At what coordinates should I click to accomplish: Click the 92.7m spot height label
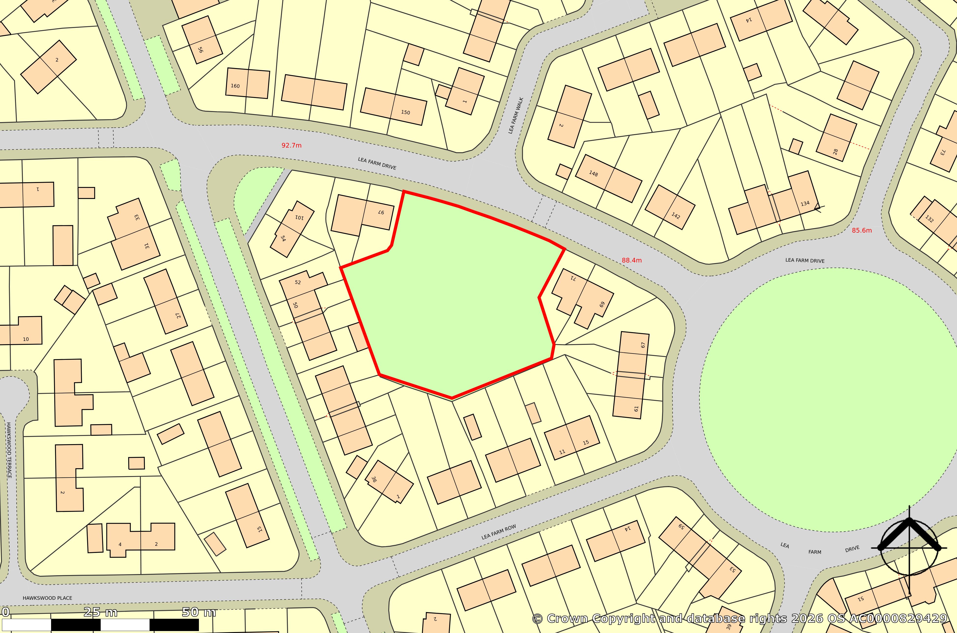click(291, 145)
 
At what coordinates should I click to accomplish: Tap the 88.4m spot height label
click(631, 260)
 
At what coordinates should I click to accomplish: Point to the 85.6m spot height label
click(862, 230)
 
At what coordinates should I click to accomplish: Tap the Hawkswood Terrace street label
click(9, 450)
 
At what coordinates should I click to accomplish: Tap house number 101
click(299, 217)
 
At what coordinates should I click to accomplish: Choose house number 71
click(573, 278)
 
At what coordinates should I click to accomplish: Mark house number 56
click(200, 50)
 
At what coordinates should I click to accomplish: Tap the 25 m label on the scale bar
click(100, 612)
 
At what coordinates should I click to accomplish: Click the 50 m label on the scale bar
click(199, 612)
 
